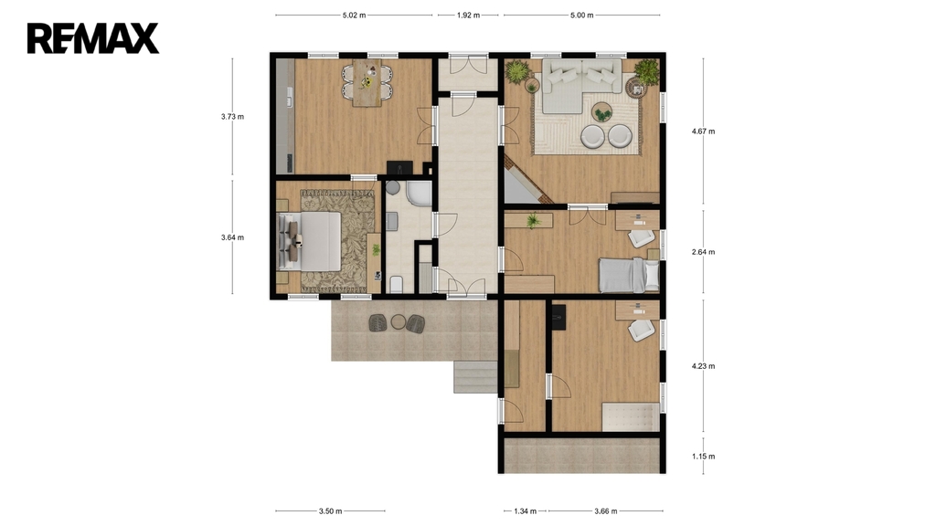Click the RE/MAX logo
click(x=93, y=38)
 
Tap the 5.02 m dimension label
click(x=354, y=16)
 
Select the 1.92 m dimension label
click(x=469, y=16)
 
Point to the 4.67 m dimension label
click(x=703, y=131)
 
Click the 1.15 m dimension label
click(x=703, y=457)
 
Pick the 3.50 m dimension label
click(x=330, y=511)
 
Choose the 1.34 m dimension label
click(x=526, y=511)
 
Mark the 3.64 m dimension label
click(x=232, y=237)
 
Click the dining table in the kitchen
click(x=367, y=83)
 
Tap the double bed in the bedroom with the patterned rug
click(x=310, y=241)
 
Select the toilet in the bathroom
click(x=397, y=285)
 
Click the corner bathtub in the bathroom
click(x=419, y=194)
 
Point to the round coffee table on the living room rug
click(x=601, y=111)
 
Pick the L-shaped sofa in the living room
click(x=582, y=83)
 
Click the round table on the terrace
click(x=399, y=322)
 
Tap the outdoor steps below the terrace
click(x=475, y=377)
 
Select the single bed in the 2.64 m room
click(x=629, y=275)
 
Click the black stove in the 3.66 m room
click(x=558, y=317)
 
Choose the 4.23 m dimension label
click(x=703, y=366)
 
